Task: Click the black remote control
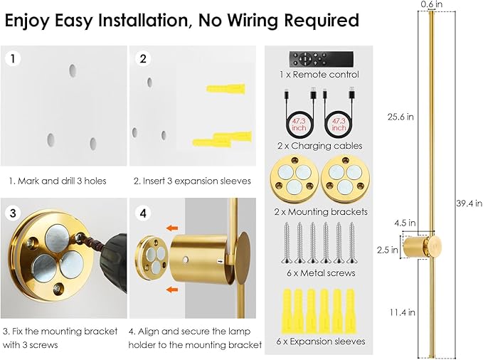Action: coord(314,58)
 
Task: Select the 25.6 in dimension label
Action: coord(401,117)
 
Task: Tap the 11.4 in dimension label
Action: coord(401,311)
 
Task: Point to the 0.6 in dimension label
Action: coord(431,5)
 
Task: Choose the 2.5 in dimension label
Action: coord(388,249)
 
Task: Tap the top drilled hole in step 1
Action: coord(72,70)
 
